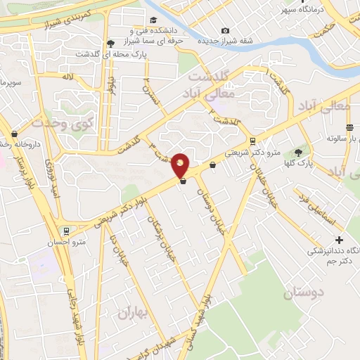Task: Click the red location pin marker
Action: (x=181, y=165)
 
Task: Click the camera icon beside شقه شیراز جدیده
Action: (x=225, y=30)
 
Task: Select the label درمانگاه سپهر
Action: (x=304, y=10)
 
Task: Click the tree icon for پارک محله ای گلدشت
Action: (x=110, y=42)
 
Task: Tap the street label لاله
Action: (x=67, y=76)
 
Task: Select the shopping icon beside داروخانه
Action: (x=14, y=134)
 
